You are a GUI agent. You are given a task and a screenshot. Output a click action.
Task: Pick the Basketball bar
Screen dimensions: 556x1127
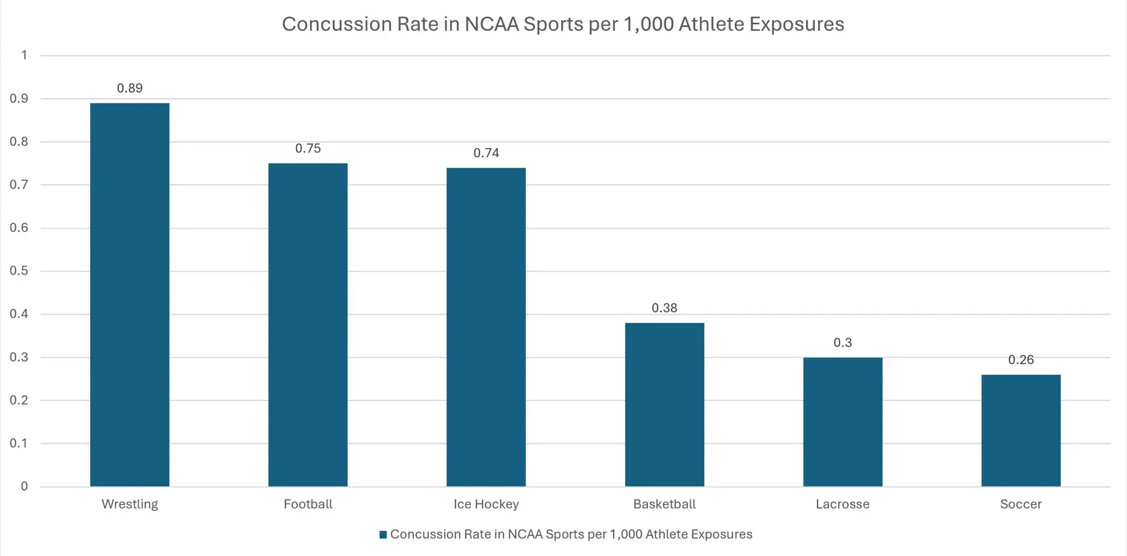664,405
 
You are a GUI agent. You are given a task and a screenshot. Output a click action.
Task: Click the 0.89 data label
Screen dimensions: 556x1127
130,88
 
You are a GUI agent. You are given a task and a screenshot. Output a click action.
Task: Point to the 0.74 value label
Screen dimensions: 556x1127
486,153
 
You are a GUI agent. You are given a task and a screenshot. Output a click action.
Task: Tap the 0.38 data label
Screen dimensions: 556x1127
664,308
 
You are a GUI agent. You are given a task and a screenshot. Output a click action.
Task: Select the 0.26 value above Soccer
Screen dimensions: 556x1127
1021,360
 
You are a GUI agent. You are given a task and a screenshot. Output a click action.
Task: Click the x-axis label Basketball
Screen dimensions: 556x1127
664,504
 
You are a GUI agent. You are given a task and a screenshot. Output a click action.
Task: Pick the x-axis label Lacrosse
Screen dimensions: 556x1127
842,504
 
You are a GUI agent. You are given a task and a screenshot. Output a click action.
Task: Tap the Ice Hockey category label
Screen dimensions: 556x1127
486,504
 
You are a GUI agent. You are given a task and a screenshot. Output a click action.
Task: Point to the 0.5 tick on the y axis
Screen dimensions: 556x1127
19,271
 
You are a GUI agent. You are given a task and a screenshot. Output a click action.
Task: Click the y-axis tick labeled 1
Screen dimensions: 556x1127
24,55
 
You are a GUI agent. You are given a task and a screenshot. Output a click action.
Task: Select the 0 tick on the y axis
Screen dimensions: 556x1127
24,486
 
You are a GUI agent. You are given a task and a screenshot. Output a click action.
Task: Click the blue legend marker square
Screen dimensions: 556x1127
383,534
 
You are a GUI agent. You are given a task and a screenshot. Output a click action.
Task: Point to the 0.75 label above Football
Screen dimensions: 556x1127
308,149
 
